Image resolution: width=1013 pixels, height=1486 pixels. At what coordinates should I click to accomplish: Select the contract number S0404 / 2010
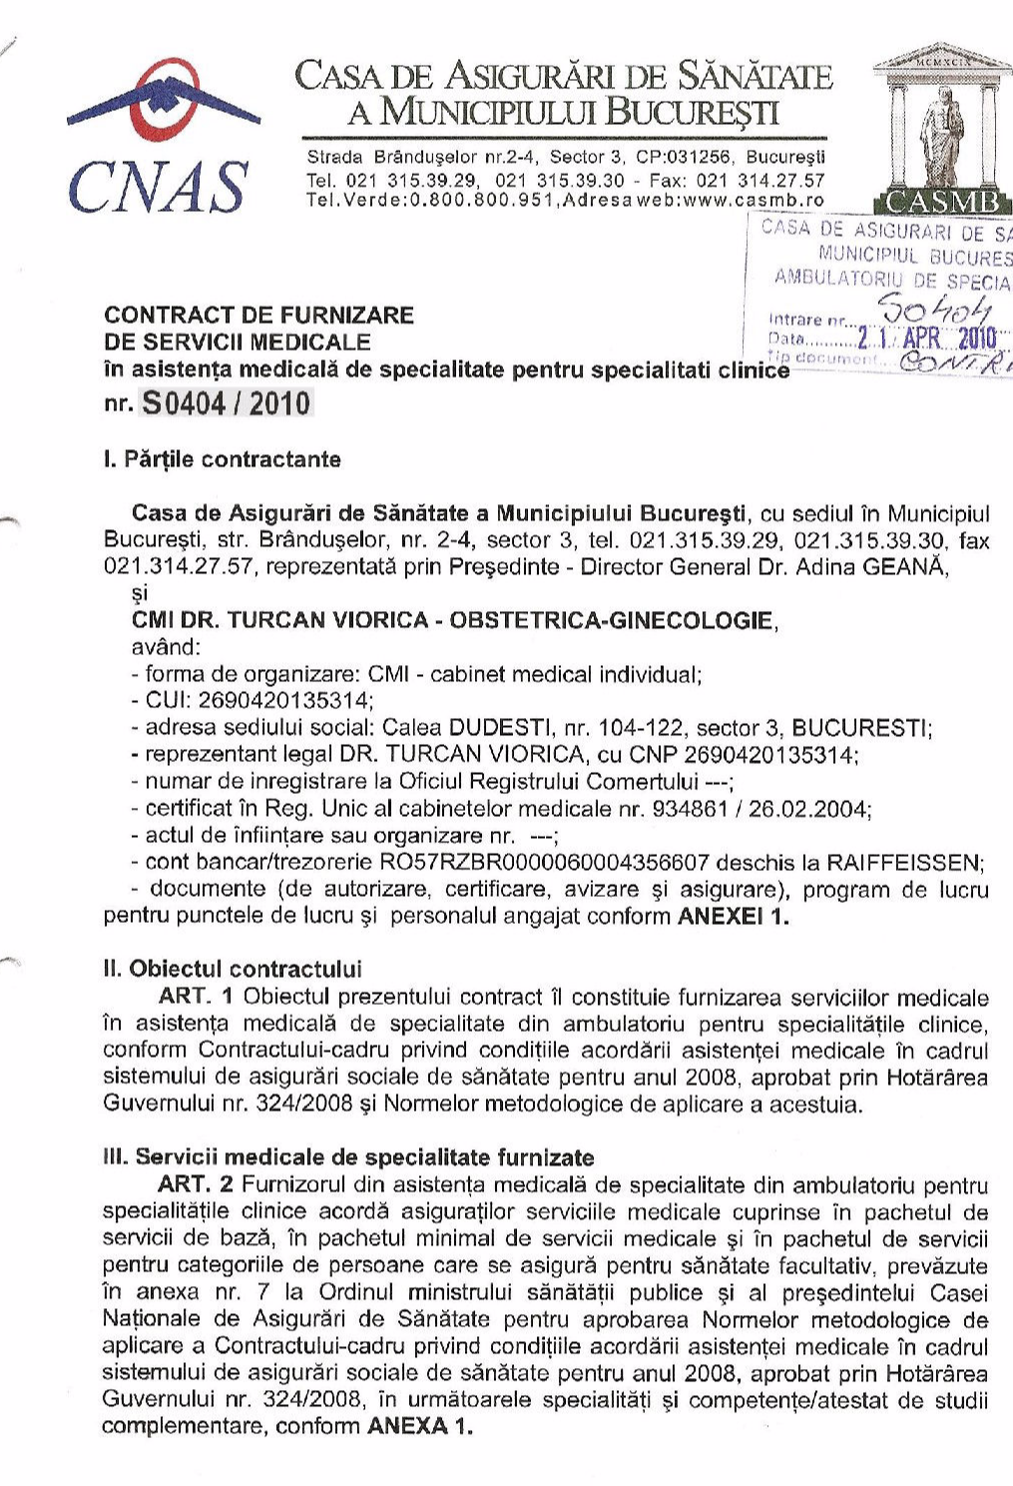coord(227,403)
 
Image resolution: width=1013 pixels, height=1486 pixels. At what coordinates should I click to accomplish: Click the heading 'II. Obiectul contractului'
coord(233,969)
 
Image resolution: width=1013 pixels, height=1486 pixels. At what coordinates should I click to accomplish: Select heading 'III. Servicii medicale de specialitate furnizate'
coord(348,1157)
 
